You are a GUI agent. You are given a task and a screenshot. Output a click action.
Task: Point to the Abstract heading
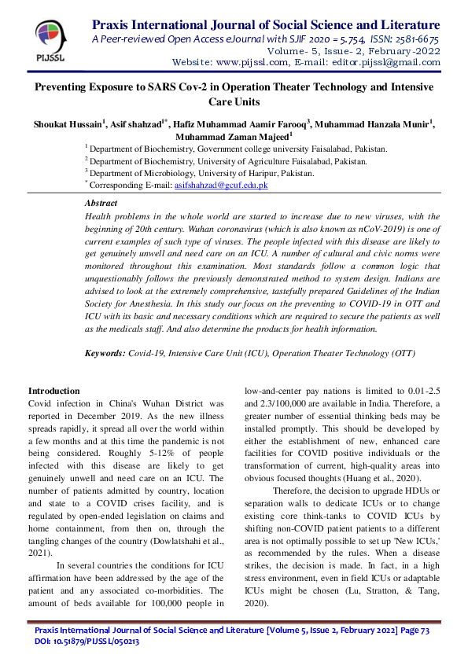100,203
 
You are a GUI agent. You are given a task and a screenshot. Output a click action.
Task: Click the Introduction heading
53,391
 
